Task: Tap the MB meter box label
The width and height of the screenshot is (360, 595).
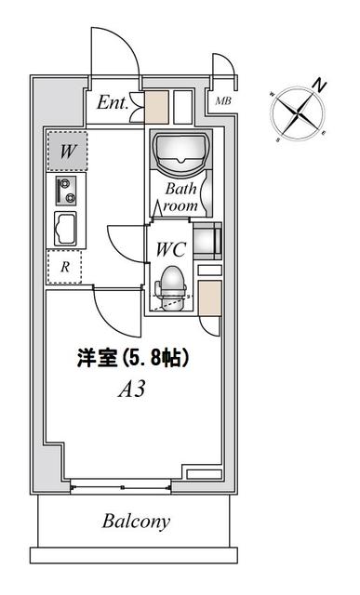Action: click(223, 100)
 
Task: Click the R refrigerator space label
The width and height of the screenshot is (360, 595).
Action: click(64, 266)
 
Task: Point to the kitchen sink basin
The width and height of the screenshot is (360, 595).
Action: click(66, 228)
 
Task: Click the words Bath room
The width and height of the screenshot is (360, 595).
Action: click(182, 196)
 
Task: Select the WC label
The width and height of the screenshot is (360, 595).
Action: click(174, 250)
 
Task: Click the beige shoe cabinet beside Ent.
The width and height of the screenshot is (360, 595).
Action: click(156, 106)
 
